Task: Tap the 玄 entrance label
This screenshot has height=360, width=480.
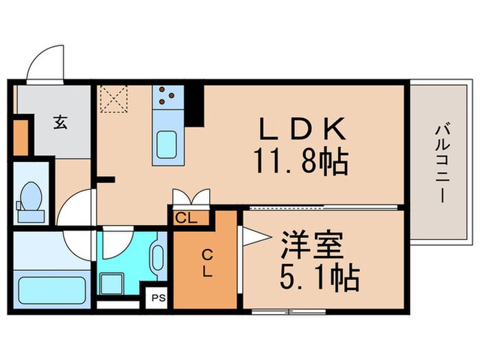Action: tap(60, 123)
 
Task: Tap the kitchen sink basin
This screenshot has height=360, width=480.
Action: tap(167, 143)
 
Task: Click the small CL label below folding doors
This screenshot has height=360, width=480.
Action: tap(183, 219)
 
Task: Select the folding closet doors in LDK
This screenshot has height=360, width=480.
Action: tap(188, 197)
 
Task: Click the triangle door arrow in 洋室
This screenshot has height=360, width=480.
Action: tap(250, 237)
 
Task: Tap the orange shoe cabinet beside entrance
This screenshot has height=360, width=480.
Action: tap(21, 138)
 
